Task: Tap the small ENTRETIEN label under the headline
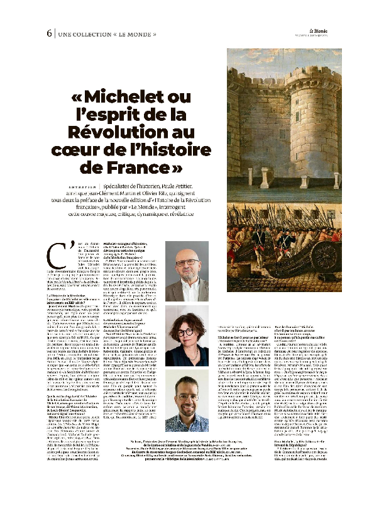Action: coord(81,186)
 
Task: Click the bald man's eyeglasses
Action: coord(187,262)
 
